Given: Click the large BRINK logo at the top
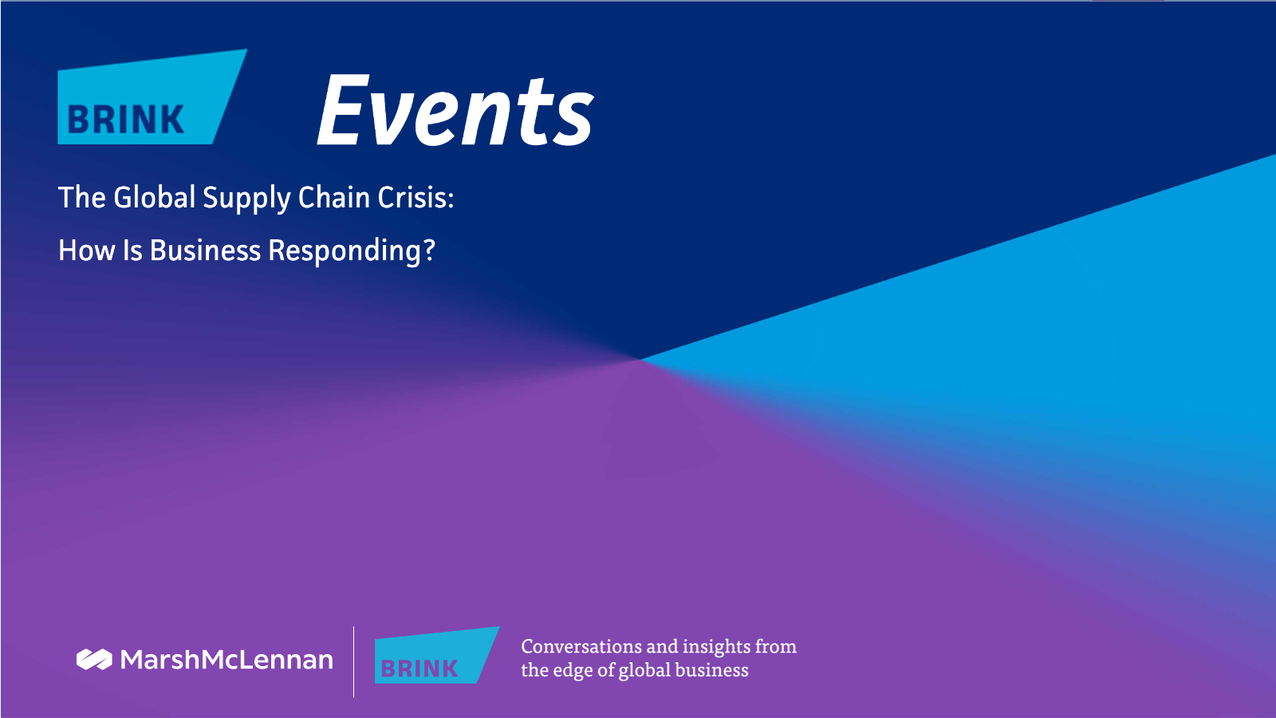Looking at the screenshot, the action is (x=152, y=97).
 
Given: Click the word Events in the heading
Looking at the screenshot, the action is (x=455, y=110).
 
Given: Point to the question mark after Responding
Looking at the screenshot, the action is (x=428, y=251).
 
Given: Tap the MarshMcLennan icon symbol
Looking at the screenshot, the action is (x=94, y=659).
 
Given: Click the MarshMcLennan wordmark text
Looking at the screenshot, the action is (x=226, y=659).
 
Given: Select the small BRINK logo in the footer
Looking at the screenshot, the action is (x=437, y=655).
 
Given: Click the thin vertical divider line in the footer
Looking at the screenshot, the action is (x=354, y=661).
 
